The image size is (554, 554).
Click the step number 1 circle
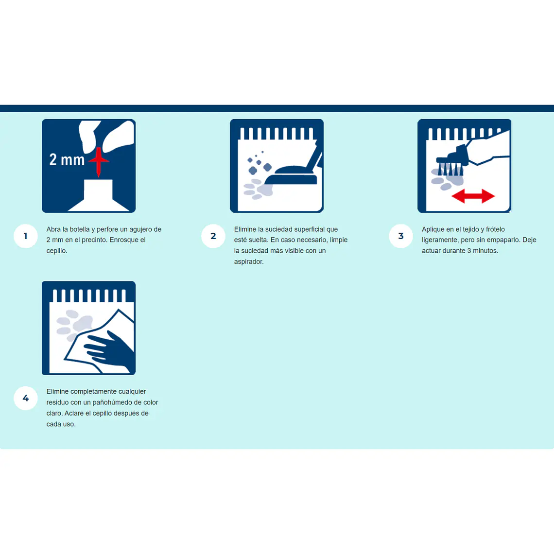click(x=25, y=236)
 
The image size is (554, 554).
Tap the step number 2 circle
click(x=213, y=236)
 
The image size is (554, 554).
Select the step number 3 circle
click(x=400, y=236)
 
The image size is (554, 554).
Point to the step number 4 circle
click(x=25, y=398)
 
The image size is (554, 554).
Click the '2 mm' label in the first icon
click(x=67, y=160)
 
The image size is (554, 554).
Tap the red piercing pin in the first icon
click(x=99, y=161)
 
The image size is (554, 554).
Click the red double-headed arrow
click(x=473, y=196)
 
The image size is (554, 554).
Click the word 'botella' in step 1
click(x=79, y=229)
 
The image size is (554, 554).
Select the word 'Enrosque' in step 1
click(x=123, y=240)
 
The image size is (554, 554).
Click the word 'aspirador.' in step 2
click(x=249, y=262)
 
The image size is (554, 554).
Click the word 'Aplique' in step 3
click(x=433, y=229)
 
